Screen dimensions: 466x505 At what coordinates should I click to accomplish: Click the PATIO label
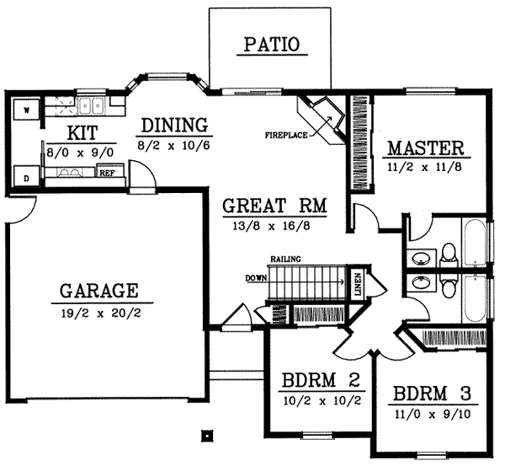coord(271,45)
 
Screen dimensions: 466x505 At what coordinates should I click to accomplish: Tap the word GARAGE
coord(99,292)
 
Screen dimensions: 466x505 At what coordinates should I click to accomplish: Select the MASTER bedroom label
coord(425,149)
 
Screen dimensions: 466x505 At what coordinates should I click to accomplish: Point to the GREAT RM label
coord(275,205)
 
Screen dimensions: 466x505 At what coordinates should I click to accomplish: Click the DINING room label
coord(174,126)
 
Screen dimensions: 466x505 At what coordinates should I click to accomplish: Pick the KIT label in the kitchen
coord(82,132)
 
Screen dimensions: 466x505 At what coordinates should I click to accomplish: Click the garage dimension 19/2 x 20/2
coord(99,313)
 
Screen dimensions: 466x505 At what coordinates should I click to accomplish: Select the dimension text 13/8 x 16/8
coord(275,225)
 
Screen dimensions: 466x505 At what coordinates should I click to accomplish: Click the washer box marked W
coord(25,110)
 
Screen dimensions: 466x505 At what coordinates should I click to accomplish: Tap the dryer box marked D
coord(25,178)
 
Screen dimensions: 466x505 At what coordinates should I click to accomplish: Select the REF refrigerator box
coord(107,173)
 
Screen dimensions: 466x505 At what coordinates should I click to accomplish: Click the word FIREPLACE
coord(285,134)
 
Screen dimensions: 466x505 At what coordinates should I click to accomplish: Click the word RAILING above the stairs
coord(285,259)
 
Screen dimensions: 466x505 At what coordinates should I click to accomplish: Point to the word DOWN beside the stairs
coord(256,276)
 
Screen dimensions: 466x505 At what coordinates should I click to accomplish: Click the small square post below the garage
coord(205,437)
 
